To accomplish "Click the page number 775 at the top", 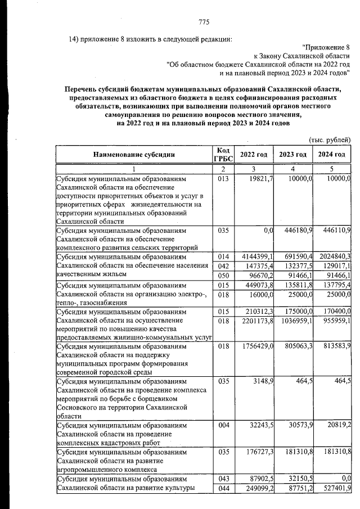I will (204, 22).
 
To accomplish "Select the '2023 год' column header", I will (292, 155).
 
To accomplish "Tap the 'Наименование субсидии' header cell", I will (134, 155).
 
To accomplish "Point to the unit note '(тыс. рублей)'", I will (330, 139).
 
